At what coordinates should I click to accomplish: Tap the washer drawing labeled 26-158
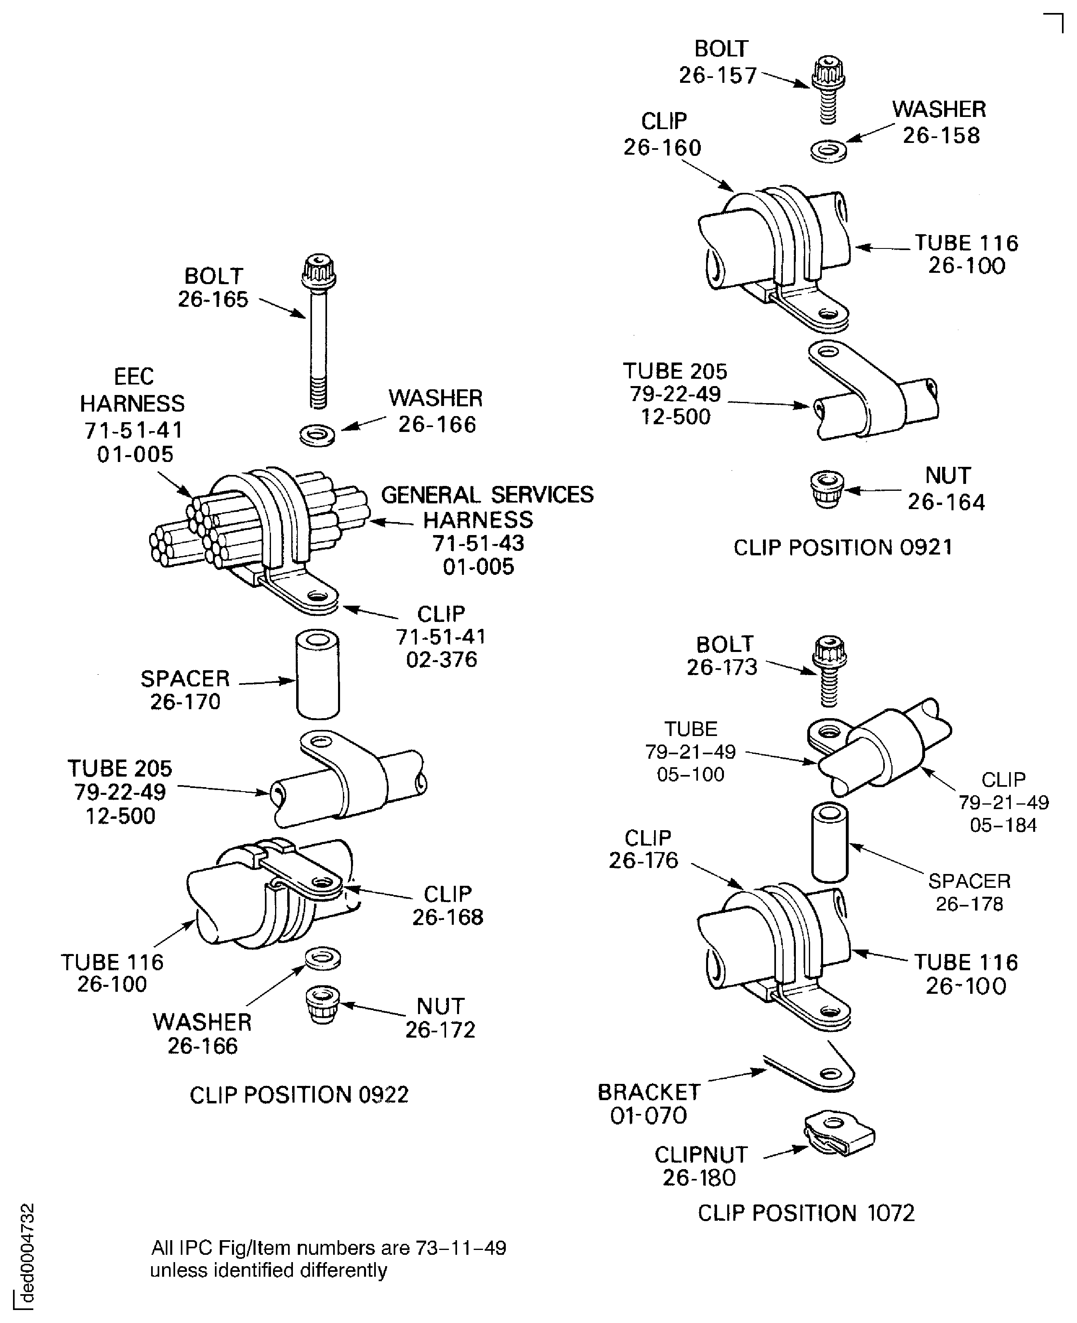tap(828, 151)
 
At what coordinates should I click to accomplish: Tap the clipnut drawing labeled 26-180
tap(839, 1134)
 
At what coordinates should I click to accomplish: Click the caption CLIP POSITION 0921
tap(843, 547)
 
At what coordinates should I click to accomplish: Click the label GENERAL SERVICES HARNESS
tap(487, 507)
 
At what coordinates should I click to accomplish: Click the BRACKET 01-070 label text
tap(648, 1103)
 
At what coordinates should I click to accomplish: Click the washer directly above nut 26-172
tap(323, 958)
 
